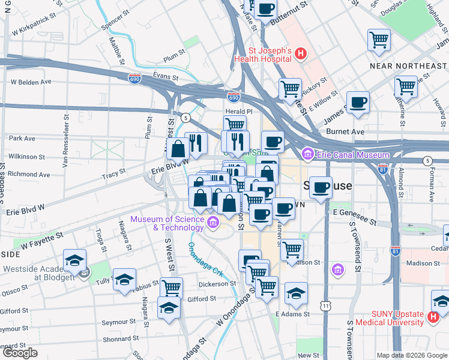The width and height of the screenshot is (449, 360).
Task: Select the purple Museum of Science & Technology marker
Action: click(212, 224)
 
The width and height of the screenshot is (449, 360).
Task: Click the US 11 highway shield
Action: click(325, 306)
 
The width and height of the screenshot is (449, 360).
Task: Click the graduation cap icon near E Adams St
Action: click(296, 293)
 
